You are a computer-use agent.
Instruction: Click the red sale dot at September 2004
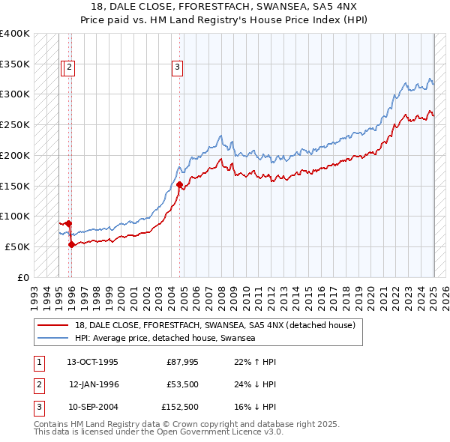click(x=179, y=184)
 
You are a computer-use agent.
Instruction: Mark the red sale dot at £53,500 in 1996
click(x=71, y=244)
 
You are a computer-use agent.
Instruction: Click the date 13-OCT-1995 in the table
click(x=92, y=362)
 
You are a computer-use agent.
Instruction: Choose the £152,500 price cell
click(x=180, y=408)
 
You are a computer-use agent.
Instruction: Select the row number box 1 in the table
click(x=38, y=362)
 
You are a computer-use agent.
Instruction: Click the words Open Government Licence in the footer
click(x=199, y=432)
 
